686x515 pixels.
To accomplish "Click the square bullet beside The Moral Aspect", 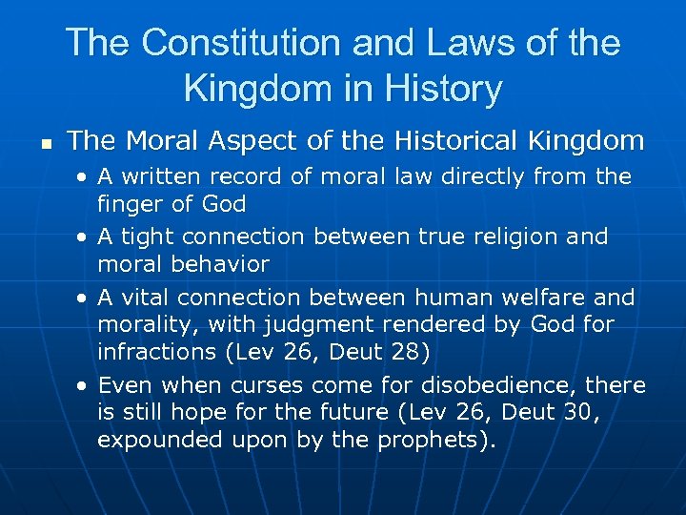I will coord(45,144).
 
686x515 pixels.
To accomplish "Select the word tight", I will coord(148,236).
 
